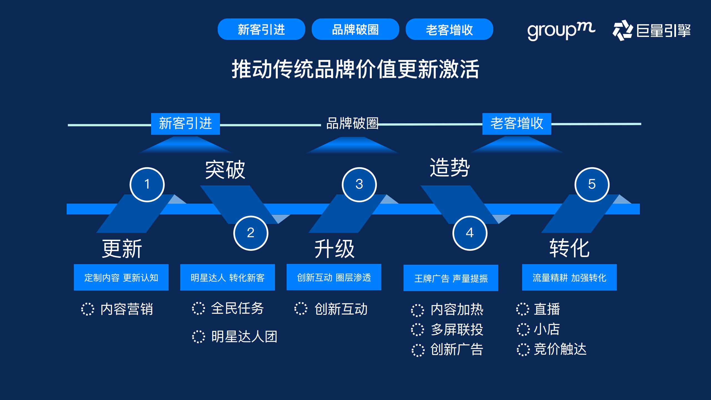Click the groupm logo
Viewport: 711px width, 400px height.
click(561, 31)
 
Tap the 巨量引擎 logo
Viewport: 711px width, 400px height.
click(652, 30)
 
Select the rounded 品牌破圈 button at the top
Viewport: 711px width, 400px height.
click(355, 29)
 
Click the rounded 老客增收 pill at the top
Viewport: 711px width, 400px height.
click(449, 29)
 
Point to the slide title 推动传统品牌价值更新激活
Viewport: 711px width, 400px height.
click(355, 69)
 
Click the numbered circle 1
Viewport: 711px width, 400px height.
click(147, 184)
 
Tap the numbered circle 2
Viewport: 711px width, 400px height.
click(251, 233)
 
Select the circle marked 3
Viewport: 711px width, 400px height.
click(359, 184)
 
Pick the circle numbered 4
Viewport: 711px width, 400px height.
click(470, 233)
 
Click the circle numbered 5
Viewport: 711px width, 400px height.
click(592, 184)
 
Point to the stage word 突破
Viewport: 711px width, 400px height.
click(225, 169)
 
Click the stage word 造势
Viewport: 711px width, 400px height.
click(450, 167)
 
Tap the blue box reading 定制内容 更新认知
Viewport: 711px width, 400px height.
click(121, 277)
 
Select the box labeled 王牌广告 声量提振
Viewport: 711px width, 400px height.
click(451, 278)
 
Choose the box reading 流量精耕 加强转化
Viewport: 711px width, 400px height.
click(569, 277)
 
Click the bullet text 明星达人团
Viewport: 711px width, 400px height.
click(244, 337)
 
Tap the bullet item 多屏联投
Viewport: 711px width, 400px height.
click(457, 330)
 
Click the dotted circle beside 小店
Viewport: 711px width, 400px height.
click(523, 329)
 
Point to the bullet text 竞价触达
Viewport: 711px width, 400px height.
click(560, 349)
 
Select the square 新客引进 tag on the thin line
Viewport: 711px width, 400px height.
click(185, 124)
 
